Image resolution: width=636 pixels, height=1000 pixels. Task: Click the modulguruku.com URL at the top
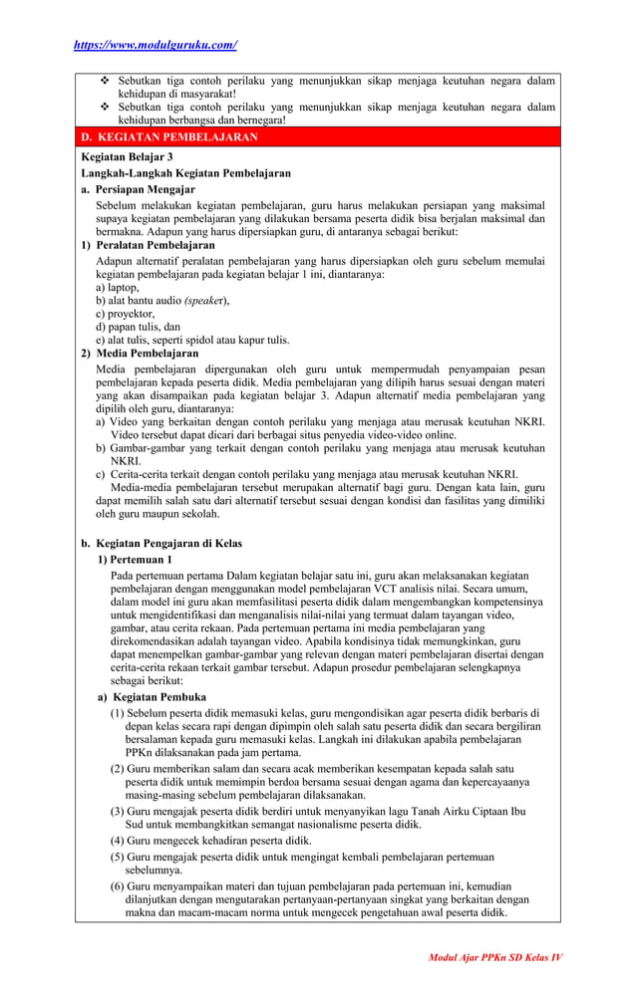click(x=156, y=45)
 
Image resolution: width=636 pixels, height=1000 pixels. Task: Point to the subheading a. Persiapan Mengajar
click(x=139, y=189)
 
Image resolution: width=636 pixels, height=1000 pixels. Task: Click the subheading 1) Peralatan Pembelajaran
click(x=148, y=245)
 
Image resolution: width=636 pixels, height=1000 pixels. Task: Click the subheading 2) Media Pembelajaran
click(x=140, y=354)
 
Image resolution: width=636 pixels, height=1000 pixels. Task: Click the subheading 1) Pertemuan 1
click(x=135, y=560)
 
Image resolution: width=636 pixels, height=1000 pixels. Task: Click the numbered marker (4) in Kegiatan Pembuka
click(x=117, y=841)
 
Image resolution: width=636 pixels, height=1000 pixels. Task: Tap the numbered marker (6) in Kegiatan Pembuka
click(x=117, y=886)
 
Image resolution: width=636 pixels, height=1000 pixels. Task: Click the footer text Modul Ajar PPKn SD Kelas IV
click(x=495, y=957)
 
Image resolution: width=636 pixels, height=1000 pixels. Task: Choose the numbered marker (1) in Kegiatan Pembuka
click(x=117, y=713)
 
